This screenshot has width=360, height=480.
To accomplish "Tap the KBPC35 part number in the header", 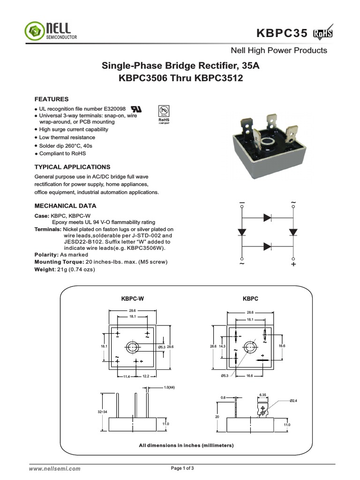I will click(282, 33).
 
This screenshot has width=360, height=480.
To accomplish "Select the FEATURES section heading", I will click(52, 99).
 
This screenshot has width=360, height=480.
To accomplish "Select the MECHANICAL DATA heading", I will click(66, 206).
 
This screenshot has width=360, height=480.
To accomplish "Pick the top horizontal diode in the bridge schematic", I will click(267, 217).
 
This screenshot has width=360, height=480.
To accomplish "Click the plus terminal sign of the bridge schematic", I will click(293, 264).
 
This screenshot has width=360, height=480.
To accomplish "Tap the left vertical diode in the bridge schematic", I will click(241, 232).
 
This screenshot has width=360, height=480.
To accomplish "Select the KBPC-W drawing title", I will click(133, 298).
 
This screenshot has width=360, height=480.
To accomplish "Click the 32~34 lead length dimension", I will click(102, 412).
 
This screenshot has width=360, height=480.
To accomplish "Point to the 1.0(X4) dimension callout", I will click(170, 388).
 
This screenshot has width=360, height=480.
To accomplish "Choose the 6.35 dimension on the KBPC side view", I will click(263, 395).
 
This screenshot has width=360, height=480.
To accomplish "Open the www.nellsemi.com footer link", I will click(55, 468).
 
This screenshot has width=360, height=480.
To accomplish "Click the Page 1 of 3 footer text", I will click(182, 468).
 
